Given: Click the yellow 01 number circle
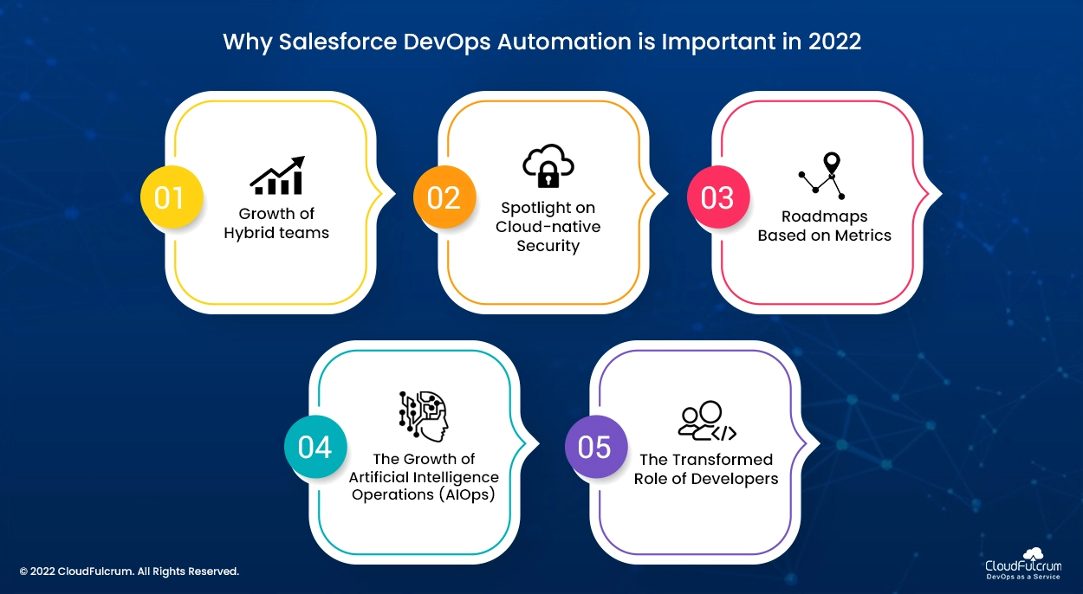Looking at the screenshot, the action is coord(172,197).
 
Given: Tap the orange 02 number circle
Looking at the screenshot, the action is coord(444,197).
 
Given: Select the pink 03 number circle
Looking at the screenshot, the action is coord(718,197).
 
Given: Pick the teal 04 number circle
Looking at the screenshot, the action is coord(315,447).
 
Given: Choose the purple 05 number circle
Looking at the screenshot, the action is coord(596,447).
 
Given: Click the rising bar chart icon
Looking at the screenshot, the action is coord(277,176).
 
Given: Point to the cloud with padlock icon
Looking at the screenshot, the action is coord(548,165).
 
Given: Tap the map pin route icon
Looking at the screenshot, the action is coord(822,176).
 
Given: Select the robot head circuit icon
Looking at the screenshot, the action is coord(424,416).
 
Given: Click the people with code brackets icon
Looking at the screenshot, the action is coord(707,421).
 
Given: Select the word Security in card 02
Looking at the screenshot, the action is coord(548,246).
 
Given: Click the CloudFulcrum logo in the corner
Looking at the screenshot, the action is coord(1023,564).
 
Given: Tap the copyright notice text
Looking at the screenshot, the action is coord(129,571).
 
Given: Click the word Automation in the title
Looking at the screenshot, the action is coord(564,42).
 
